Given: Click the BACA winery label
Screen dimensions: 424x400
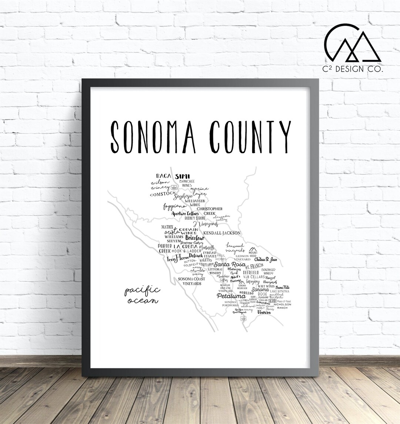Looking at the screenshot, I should click(163, 176).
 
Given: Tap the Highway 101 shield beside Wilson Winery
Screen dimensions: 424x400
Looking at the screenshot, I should click(174, 188).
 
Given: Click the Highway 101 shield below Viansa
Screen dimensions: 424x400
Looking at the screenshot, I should click(243, 319).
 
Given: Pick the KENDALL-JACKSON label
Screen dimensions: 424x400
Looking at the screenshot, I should click(222, 233).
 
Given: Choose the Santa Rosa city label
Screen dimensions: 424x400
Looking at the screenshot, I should click(230, 265).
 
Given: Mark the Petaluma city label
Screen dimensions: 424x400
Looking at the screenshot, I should click(231, 296).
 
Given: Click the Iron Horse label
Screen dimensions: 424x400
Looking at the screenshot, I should click(178, 259).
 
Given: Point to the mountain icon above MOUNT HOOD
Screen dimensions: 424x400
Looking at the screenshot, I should click(253, 249).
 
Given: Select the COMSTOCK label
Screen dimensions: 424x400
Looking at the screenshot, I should click(163, 194).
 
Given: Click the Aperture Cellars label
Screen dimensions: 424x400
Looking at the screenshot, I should click(185, 213).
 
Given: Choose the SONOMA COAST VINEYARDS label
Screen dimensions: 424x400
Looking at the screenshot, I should click(191, 281).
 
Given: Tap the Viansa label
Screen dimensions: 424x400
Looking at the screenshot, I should click(264, 312).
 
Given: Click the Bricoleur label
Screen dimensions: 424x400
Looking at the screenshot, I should click(195, 238).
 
